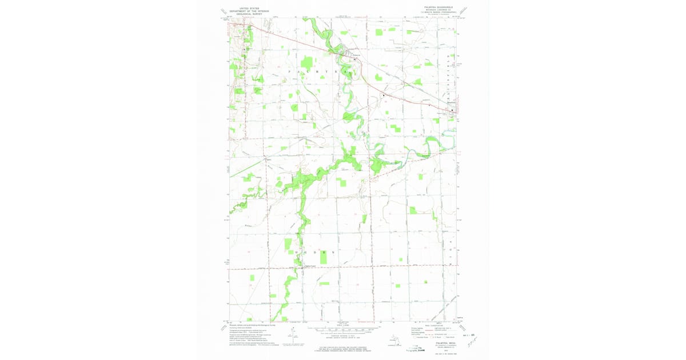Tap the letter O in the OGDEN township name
pyautogui.click(x=297, y=252)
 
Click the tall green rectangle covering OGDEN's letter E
pyautogui.click(x=324, y=255)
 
